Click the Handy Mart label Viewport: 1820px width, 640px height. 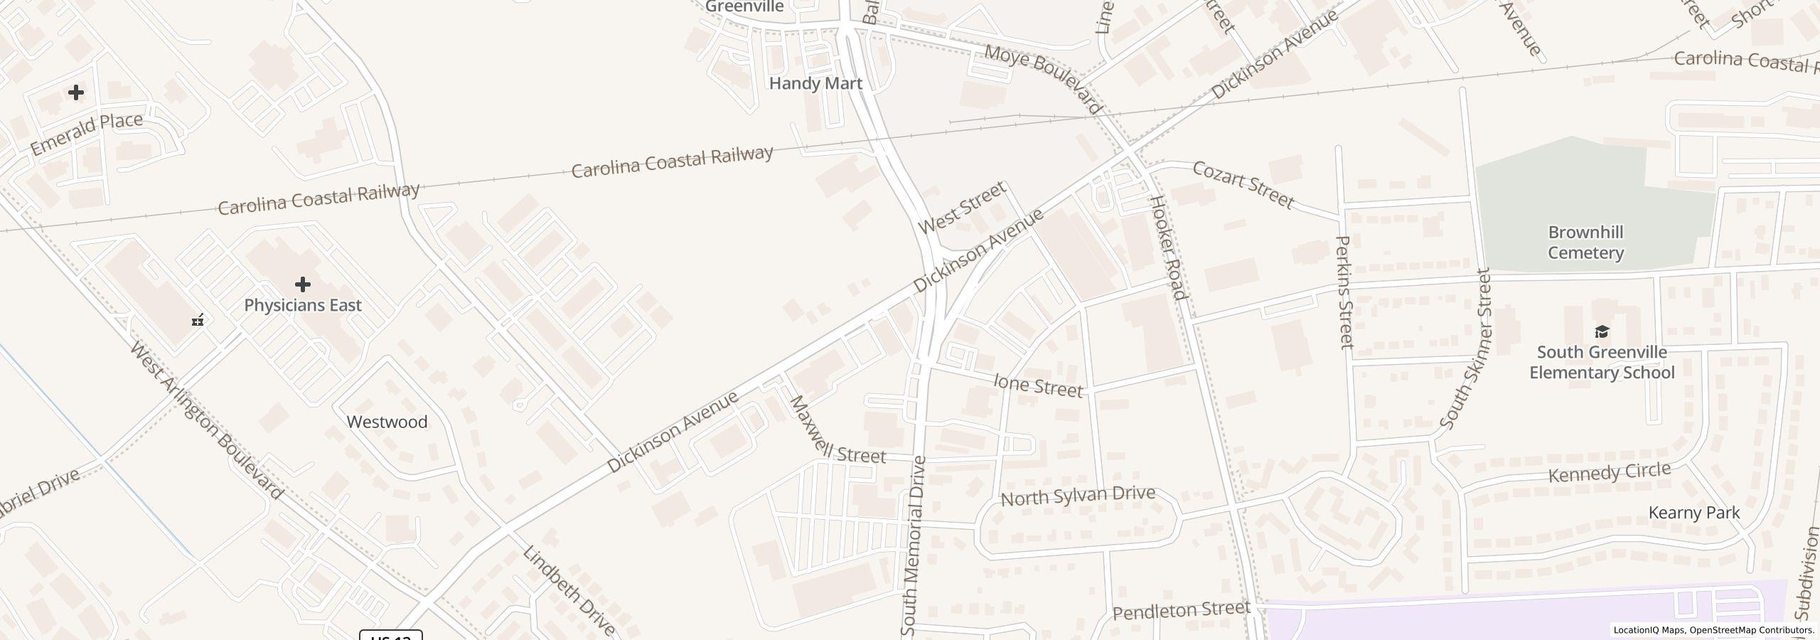tap(815, 83)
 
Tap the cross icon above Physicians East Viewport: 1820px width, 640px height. tap(303, 284)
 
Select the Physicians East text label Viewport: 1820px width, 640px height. tap(303, 305)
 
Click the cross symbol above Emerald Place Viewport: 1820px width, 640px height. tap(76, 92)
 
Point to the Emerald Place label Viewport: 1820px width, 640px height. tap(87, 134)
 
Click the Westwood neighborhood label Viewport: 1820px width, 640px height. tap(387, 422)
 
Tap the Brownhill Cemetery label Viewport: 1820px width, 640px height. tap(1585, 242)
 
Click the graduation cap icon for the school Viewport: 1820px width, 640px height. tap(1602, 331)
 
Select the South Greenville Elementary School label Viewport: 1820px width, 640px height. tap(1602, 362)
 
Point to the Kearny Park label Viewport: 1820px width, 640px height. tap(1694, 513)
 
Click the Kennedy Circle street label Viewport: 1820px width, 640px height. tap(1609, 473)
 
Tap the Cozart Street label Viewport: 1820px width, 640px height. tap(1243, 185)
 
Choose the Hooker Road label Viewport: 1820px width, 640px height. tap(1168, 247)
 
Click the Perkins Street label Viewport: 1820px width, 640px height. tap(1344, 292)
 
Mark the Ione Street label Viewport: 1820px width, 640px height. tap(1038, 385)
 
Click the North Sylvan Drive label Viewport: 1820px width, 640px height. tap(1078, 496)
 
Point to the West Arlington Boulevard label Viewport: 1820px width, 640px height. tap(207, 421)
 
